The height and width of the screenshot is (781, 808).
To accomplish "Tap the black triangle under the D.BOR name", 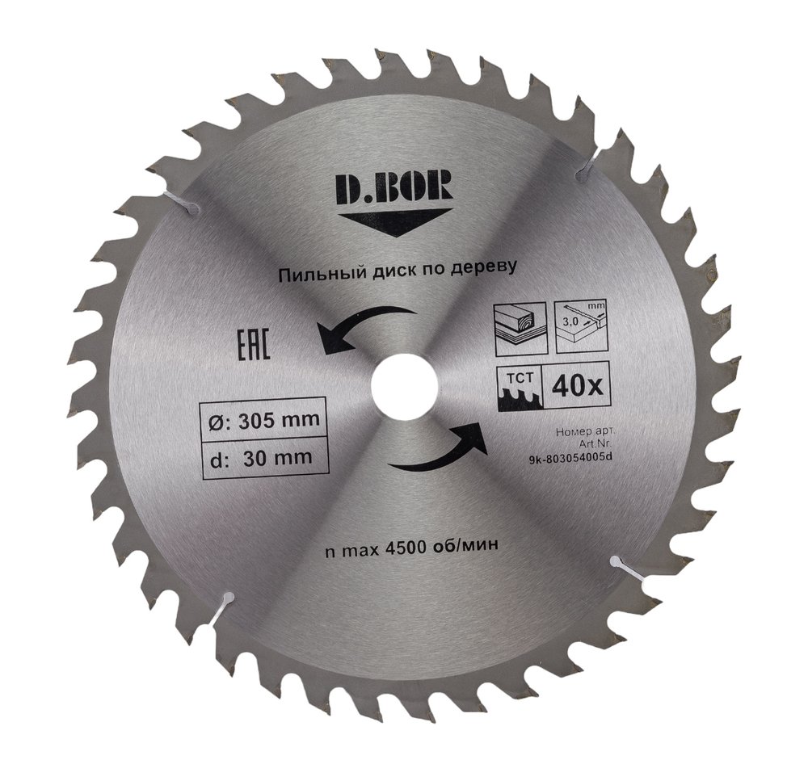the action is point(395,221).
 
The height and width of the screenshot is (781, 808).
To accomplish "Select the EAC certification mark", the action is point(252,345).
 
